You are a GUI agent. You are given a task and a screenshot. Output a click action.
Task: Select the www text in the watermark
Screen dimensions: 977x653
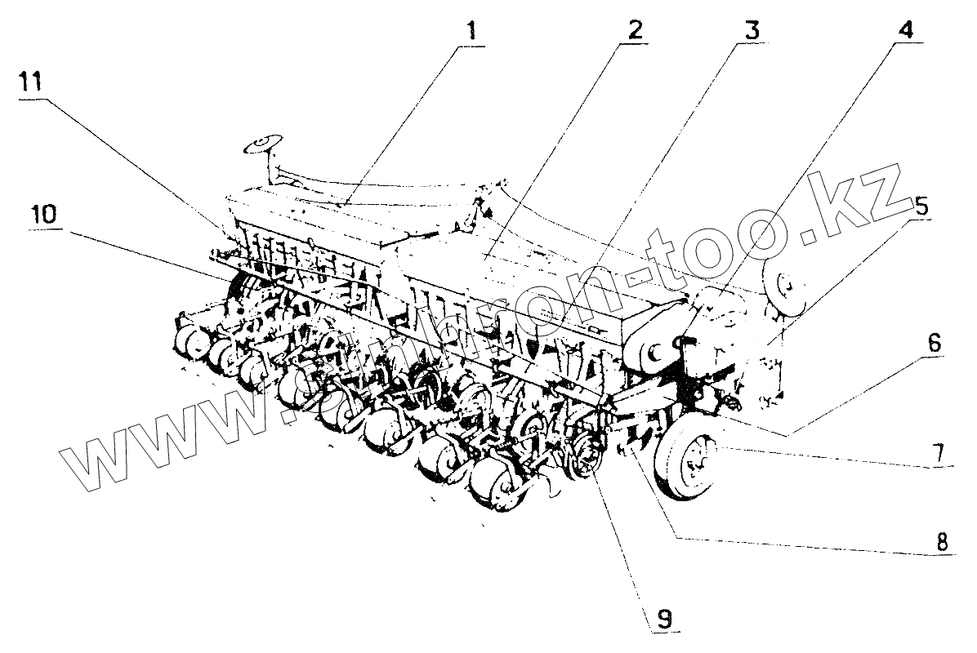coord(139,445)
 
